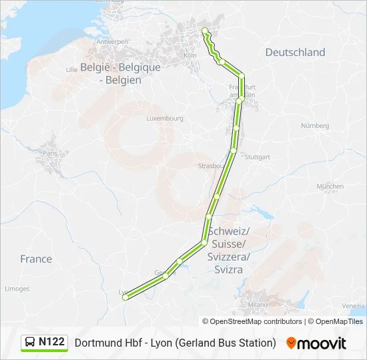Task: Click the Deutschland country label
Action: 295,52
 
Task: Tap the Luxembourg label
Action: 165,119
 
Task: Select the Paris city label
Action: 50,153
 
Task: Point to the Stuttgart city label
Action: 258,157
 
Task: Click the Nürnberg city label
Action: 315,125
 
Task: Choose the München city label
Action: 330,186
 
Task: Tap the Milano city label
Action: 258,304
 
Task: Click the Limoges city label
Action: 17,289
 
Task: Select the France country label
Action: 36,259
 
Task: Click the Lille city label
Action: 72,69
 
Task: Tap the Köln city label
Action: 190,55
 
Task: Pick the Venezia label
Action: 353,305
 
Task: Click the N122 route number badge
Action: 51,342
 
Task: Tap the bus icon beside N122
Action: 31,342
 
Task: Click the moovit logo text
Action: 322,343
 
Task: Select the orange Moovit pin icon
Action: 291,343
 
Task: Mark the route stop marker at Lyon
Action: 125,298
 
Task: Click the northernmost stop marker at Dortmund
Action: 204,30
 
